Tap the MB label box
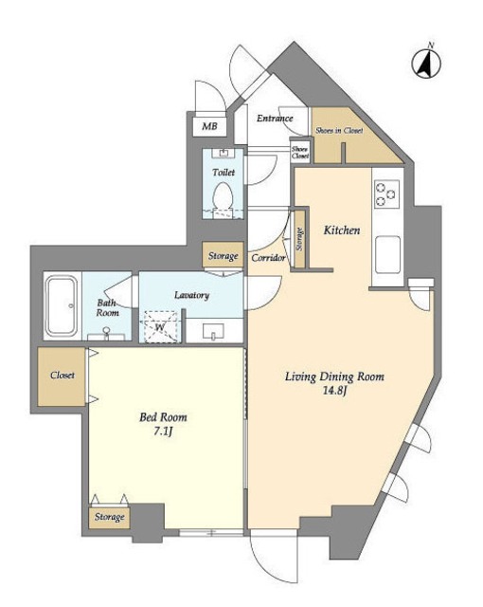pyautogui.click(x=209, y=125)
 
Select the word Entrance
pyautogui.click(x=275, y=118)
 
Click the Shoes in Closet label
pyautogui.click(x=339, y=131)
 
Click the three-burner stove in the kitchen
pyautogui.click(x=386, y=194)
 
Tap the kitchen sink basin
pyautogui.click(x=387, y=254)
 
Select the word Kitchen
pyautogui.click(x=342, y=230)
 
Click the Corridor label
pyautogui.click(x=268, y=258)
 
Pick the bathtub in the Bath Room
pyautogui.click(x=62, y=305)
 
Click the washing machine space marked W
pyautogui.click(x=160, y=326)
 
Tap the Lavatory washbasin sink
pyautogui.click(x=214, y=331)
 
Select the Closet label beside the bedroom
pyautogui.click(x=63, y=376)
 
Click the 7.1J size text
pyautogui.click(x=163, y=432)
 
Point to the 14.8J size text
pyautogui.click(x=334, y=391)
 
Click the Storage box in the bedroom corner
pyautogui.click(x=109, y=517)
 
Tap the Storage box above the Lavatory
pyautogui.click(x=223, y=255)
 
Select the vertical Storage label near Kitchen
pyautogui.click(x=299, y=239)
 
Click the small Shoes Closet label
pyautogui.click(x=300, y=152)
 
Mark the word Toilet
pyautogui.click(x=224, y=172)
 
